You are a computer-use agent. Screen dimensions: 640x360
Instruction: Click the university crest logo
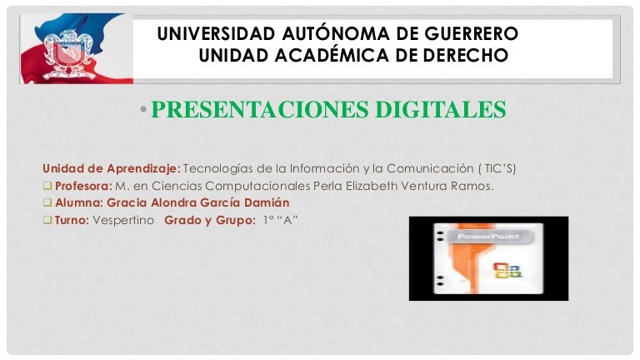click(x=69, y=53)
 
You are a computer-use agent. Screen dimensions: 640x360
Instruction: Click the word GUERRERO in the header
click(x=471, y=33)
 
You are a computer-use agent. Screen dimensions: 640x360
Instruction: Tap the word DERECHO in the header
click(x=465, y=55)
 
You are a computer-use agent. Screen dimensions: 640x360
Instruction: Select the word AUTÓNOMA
click(x=336, y=32)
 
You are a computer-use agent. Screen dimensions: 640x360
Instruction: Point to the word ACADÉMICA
click(x=332, y=54)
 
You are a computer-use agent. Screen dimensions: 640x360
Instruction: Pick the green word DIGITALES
click(x=441, y=109)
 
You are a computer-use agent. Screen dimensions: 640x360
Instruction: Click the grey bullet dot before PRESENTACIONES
click(x=143, y=109)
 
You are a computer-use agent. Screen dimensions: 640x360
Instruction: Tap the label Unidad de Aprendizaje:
click(x=112, y=168)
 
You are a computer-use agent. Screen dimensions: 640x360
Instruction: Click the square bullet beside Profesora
click(x=47, y=185)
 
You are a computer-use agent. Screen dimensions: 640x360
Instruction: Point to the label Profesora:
click(x=83, y=186)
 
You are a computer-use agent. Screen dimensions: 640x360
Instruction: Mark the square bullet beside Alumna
click(x=47, y=202)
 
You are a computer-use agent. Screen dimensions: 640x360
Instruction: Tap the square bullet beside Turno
click(x=47, y=220)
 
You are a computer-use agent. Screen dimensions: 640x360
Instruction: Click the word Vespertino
click(x=123, y=220)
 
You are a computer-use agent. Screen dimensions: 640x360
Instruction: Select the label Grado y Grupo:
click(x=210, y=220)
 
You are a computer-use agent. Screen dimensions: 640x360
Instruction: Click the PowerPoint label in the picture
click(x=488, y=237)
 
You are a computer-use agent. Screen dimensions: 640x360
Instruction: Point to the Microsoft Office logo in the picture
click(x=507, y=270)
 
